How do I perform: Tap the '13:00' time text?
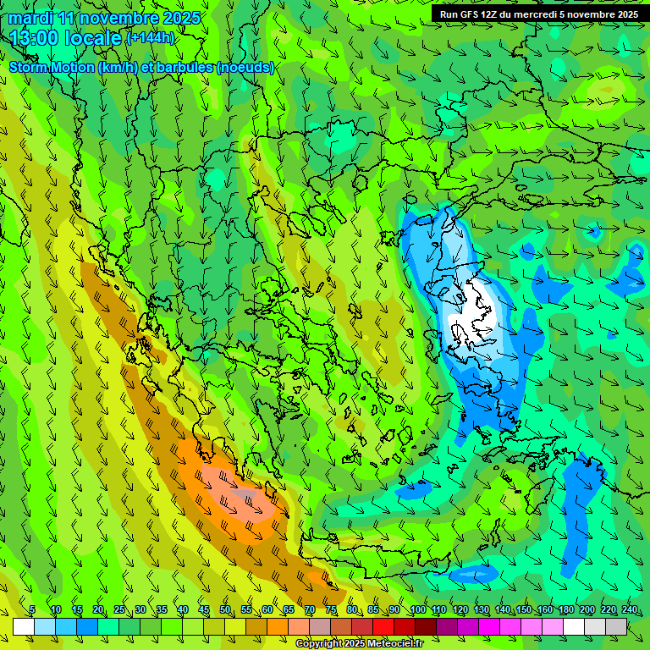[x=34, y=38]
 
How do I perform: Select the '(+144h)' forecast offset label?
[x=151, y=38]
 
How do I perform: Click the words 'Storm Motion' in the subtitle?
[x=52, y=67]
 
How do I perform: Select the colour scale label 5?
[x=32, y=610]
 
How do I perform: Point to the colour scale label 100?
[x=417, y=610]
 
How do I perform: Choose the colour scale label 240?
[x=630, y=610]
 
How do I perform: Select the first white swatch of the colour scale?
[x=24, y=626]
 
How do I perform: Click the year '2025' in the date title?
[x=182, y=18]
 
